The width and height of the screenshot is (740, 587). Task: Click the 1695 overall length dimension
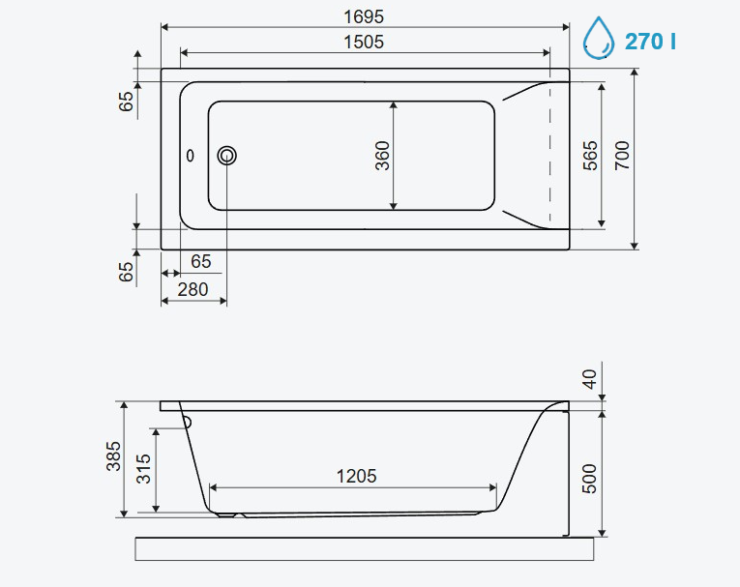point(364,17)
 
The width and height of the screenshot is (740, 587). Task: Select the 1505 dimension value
point(364,43)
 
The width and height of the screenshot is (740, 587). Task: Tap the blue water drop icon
point(599,39)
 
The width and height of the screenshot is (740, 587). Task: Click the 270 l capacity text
point(650,42)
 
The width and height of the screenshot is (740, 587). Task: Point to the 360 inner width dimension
point(383,156)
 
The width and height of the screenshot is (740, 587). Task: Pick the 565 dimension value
point(590,156)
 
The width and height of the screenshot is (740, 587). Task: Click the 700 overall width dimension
point(622,156)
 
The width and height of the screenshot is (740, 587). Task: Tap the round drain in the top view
point(227,156)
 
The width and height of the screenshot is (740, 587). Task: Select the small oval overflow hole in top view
point(191,156)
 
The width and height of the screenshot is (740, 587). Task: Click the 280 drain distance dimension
point(193,289)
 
